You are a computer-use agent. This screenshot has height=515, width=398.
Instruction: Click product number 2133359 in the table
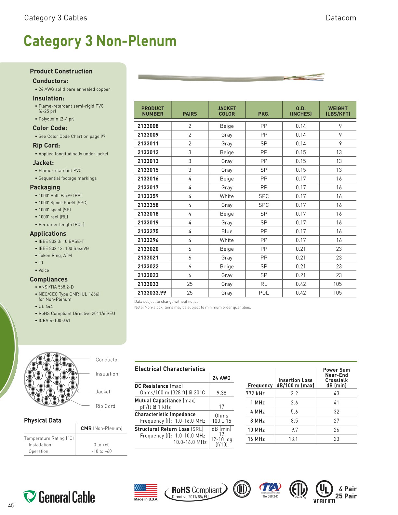(x=148, y=196)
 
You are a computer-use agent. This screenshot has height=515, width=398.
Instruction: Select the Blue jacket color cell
(x=227, y=231)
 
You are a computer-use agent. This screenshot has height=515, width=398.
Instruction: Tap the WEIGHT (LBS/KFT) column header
(x=338, y=111)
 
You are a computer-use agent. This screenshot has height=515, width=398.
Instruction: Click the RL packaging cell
(x=264, y=284)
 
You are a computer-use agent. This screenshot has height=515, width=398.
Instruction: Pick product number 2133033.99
(x=152, y=293)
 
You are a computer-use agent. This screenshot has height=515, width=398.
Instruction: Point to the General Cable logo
(x=59, y=497)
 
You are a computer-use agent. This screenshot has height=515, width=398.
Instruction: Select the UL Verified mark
(x=324, y=492)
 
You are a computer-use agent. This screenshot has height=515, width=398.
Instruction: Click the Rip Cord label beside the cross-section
(x=105, y=406)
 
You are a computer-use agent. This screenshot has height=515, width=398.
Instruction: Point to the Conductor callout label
(x=107, y=360)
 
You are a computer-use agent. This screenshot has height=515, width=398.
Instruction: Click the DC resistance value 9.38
(x=221, y=393)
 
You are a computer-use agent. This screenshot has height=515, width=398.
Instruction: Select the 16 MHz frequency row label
(x=256, y=439)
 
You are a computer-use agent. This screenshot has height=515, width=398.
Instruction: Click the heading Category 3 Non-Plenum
(x=100, y=41)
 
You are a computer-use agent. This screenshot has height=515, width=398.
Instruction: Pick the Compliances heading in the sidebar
(x=49, y=280)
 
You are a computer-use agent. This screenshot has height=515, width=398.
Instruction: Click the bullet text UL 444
(x=46, y=307)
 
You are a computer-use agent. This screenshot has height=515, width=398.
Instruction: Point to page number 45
(x=11, y=506)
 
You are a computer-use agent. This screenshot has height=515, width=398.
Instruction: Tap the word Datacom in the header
(x=341, y=18)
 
